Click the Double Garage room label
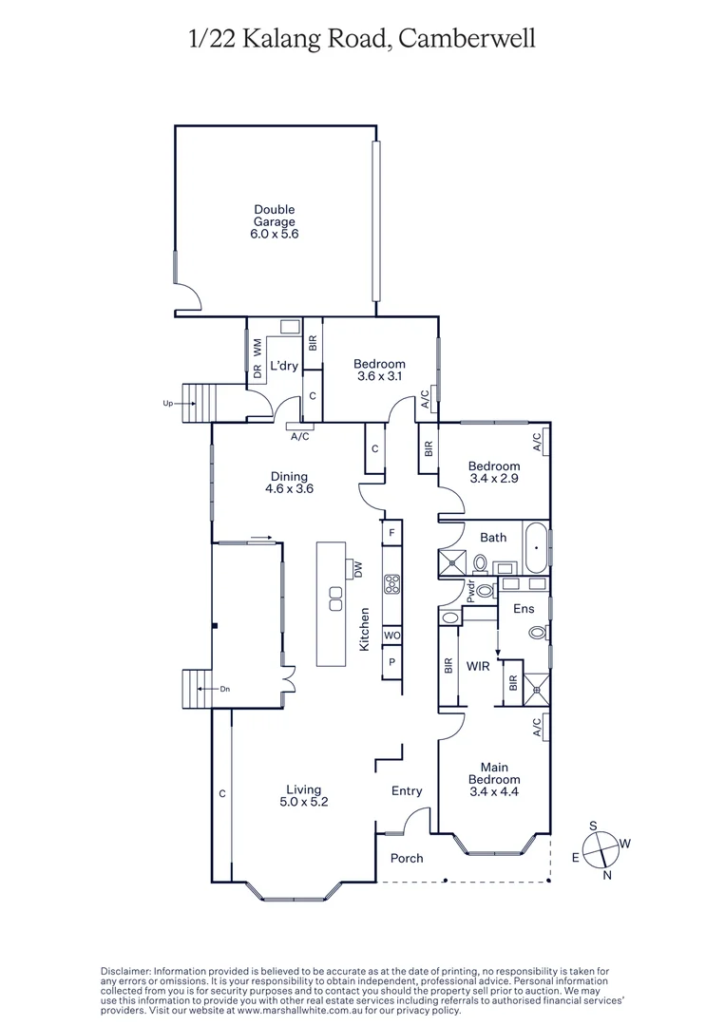pyautogui.click(x=274, y=221)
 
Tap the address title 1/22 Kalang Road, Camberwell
pyautogui.click(x=362, y=38)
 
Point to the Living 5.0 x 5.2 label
pyautogui.click(x=304, y=795)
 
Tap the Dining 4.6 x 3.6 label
pyautogui.click(x=289, y=483)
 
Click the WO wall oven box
pyautogui.click(x=391, y=635)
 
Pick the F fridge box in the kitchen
pyautogui.click(x=391, y=533)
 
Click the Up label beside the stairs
pyautogui.click(x=167, y=404)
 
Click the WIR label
pyautogui.click(x=478, y=666)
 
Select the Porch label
pyautogui.click(x=407, y=858)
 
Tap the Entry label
pyautogui.click(x=407, y=790)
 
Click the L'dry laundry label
pyautogui.click(x=282, y=366)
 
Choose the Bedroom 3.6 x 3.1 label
pyautogui.click(x=379, y=370)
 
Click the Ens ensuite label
pyautogui.click(x=523, y=608)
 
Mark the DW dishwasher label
pyautogui.click(x=358, y=568)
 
